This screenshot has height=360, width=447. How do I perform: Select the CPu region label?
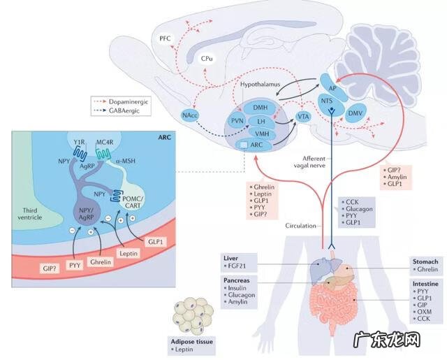coord(207,60)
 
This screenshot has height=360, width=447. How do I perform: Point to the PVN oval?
coord(236,121)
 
